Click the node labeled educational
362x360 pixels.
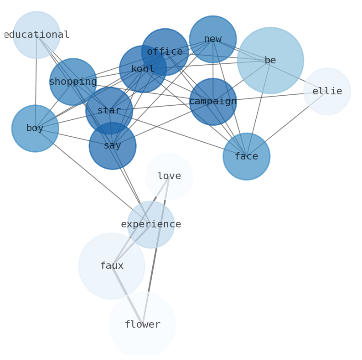pos(36,35)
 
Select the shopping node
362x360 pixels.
pos(73,82)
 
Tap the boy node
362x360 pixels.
pos(35,129)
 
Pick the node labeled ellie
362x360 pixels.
pos(327,92)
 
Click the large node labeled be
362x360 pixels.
pos(270,61)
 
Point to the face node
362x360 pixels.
pos(247,156)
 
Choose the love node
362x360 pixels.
pos(169,176)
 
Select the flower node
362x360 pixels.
pos(143,325)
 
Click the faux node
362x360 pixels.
pos(112,266)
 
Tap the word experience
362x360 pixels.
pos(151,224)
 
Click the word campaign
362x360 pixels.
pos(213,101)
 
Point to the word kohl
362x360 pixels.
pos(143,69)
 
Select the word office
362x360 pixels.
pos(165,51)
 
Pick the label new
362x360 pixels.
pos(213,39)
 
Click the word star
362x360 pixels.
pos(109,110)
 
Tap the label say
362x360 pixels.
pos(113,146)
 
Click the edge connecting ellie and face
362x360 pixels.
pos(287,124)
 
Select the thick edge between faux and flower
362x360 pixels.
pos(127,295)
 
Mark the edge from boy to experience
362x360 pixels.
pos(93,176)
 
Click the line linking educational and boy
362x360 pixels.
pos(36,82)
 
